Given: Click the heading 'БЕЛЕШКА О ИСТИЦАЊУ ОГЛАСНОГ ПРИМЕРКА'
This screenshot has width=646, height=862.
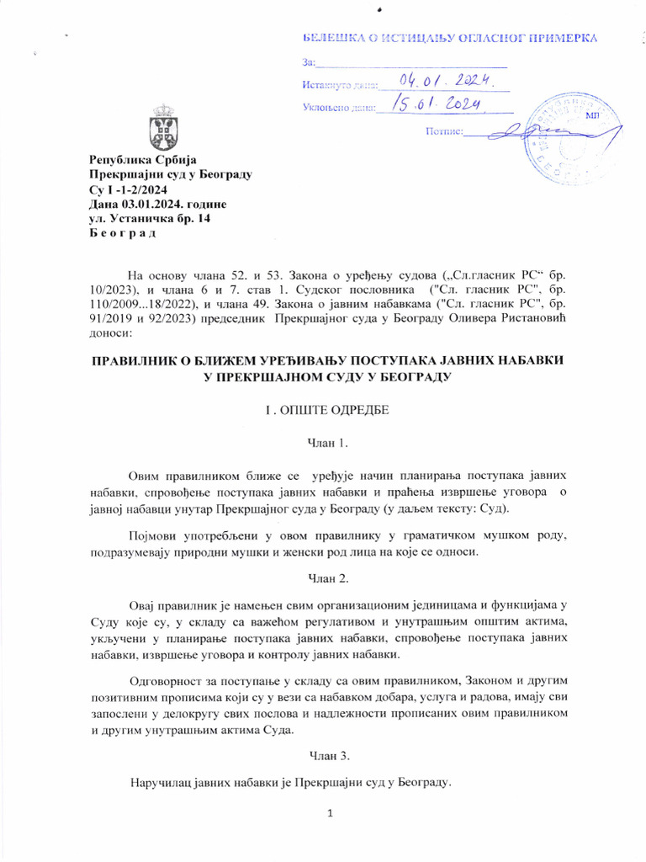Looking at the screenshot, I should tap(450, 38).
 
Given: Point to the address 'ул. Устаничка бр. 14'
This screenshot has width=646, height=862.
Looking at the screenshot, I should tap(150, 218).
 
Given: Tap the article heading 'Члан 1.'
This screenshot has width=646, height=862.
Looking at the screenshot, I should tap(323, 443).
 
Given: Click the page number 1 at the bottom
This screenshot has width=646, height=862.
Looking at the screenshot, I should tap(331, 813).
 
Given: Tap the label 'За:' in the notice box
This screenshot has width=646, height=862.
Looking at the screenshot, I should tap(308, 62).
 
